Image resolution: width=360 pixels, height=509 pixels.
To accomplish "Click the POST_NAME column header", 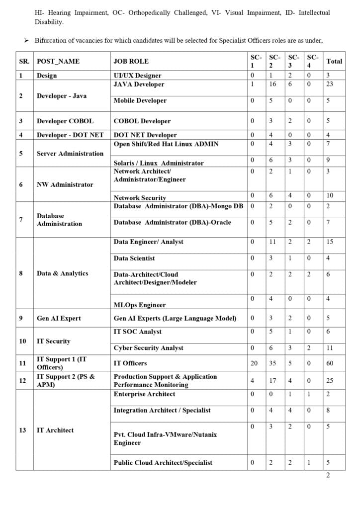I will [x=58, y=61].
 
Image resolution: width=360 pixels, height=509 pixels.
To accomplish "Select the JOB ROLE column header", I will [x=131, y=61].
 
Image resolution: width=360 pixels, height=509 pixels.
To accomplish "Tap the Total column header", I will [x=334, y=61].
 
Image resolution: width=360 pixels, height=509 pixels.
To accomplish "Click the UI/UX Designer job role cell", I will [x=137, y=76].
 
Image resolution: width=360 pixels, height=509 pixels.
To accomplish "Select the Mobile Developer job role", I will [x=140, y=100].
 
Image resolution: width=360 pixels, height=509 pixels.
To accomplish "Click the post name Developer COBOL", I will [x=65, y=121].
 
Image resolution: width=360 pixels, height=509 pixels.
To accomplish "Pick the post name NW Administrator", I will [x=65, y=184].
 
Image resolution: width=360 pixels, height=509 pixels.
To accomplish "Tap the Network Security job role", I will [x=140, y=198].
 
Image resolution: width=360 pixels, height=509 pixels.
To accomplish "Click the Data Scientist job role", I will [x=134, y=258].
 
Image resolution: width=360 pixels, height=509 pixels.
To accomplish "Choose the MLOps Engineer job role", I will [x=140, y=305].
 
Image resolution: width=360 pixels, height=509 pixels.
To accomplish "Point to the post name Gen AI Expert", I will [x=59, y=318].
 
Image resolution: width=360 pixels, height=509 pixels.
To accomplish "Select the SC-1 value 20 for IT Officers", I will [x=254, y=363].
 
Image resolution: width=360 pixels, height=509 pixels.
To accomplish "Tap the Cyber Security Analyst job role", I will [x=148, y=348].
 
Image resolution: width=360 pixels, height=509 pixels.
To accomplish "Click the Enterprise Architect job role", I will [x=144, y=394].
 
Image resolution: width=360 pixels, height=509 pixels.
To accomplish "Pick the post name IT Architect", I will [x=55, y=430].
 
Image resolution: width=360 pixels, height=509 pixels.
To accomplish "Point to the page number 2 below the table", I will [x=328, y=475].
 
